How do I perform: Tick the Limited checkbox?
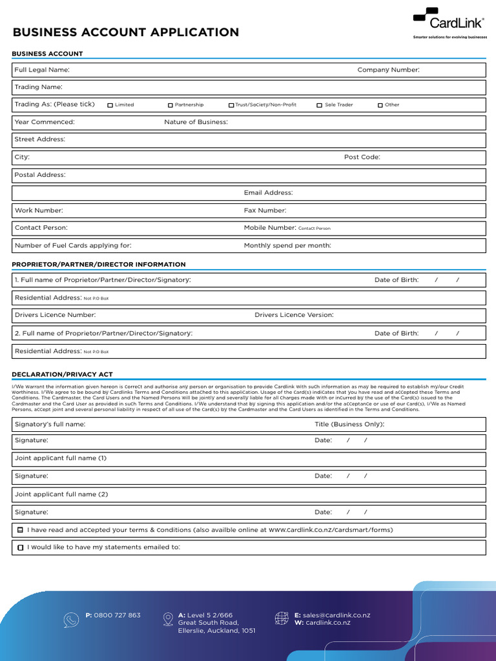[110, 105]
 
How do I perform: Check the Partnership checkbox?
[170, 105]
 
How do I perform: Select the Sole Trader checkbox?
[319, 105]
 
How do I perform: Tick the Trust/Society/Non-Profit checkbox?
[231, 105]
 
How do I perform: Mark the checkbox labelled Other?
[380, 105]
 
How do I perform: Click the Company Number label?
[388, 70]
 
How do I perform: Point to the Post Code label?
[362, 157]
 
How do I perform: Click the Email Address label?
[268, 192]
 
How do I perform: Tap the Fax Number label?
[265, 210]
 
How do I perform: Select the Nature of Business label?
[196, 122]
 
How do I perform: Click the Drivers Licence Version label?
[294, 315]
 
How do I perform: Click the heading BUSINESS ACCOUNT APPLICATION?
[126, 32]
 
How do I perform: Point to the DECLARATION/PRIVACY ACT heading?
[63, 374]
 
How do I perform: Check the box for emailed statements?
[21, 547]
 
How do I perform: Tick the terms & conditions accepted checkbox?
[21, 530]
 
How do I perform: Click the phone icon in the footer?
[71, 620]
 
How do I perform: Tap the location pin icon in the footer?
[169, 619]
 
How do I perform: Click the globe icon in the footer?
[282, 619]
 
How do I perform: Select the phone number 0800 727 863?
[117, 615]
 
